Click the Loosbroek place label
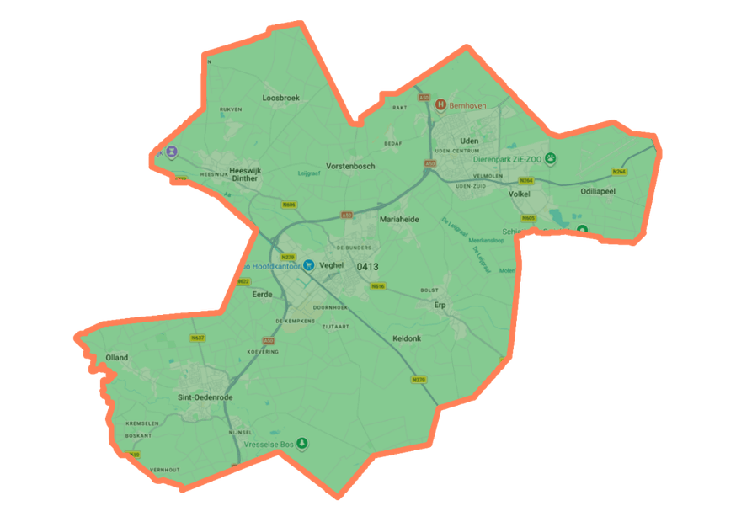[x=280, y=98]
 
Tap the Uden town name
[x=469, y=141]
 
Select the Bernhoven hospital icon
[x=440, y=105]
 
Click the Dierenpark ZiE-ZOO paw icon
[x=551, y=157]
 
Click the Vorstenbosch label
[x=350, y=167]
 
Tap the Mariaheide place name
[x=399, y=219]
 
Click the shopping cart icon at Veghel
[x=309, y=265]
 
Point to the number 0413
[x=368, y=267]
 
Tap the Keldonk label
[x=407, y=338]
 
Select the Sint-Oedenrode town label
[x=205, y=397]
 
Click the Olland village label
[x=117, y=358]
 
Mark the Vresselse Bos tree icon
[x=301, y=443]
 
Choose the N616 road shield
[x=378, y=286]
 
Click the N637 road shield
[x=198, y=338]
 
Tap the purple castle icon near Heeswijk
[x=172, y=152]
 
